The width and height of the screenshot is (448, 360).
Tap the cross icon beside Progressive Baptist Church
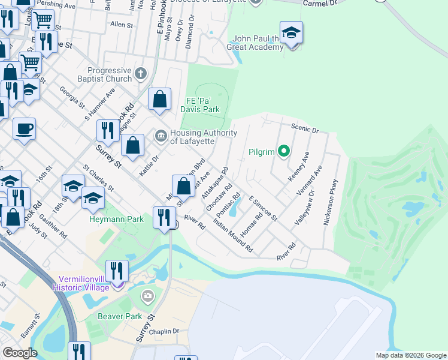tap(141, 74)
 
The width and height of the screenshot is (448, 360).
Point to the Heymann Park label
tap(116, 219)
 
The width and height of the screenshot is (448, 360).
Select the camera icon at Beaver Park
tap(148, 296)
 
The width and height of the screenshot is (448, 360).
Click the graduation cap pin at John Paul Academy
tap(291, 34)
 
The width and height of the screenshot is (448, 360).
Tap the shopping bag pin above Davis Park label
tap(160, 100)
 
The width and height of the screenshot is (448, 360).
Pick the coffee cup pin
tap(24, 128)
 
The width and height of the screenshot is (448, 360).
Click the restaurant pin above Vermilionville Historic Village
tap(117, 271)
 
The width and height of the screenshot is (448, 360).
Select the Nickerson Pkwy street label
tap(331, 202)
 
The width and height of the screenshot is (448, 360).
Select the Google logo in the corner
tap(20, 353)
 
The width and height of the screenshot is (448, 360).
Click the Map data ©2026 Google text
tap(411, 355)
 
